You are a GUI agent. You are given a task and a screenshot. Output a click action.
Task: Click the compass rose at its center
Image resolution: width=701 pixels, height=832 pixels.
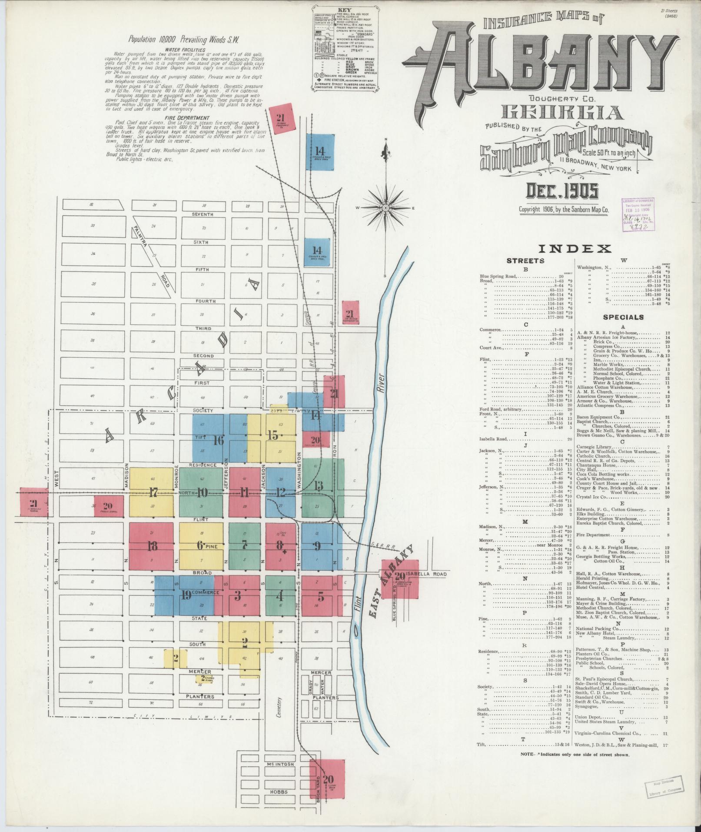385,208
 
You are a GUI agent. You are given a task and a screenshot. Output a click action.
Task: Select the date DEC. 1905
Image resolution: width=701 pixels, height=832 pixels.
562,190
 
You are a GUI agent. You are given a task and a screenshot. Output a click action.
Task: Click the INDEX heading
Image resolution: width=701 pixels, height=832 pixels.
575,249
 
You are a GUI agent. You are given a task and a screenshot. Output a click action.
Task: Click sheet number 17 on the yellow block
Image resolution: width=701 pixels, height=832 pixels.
153,493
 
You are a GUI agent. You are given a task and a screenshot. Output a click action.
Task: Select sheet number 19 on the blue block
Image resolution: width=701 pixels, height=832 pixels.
186,595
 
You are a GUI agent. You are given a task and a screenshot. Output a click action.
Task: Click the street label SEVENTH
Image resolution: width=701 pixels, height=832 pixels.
203,214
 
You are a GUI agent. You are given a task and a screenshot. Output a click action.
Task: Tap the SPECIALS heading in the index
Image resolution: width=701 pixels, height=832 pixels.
623,317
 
